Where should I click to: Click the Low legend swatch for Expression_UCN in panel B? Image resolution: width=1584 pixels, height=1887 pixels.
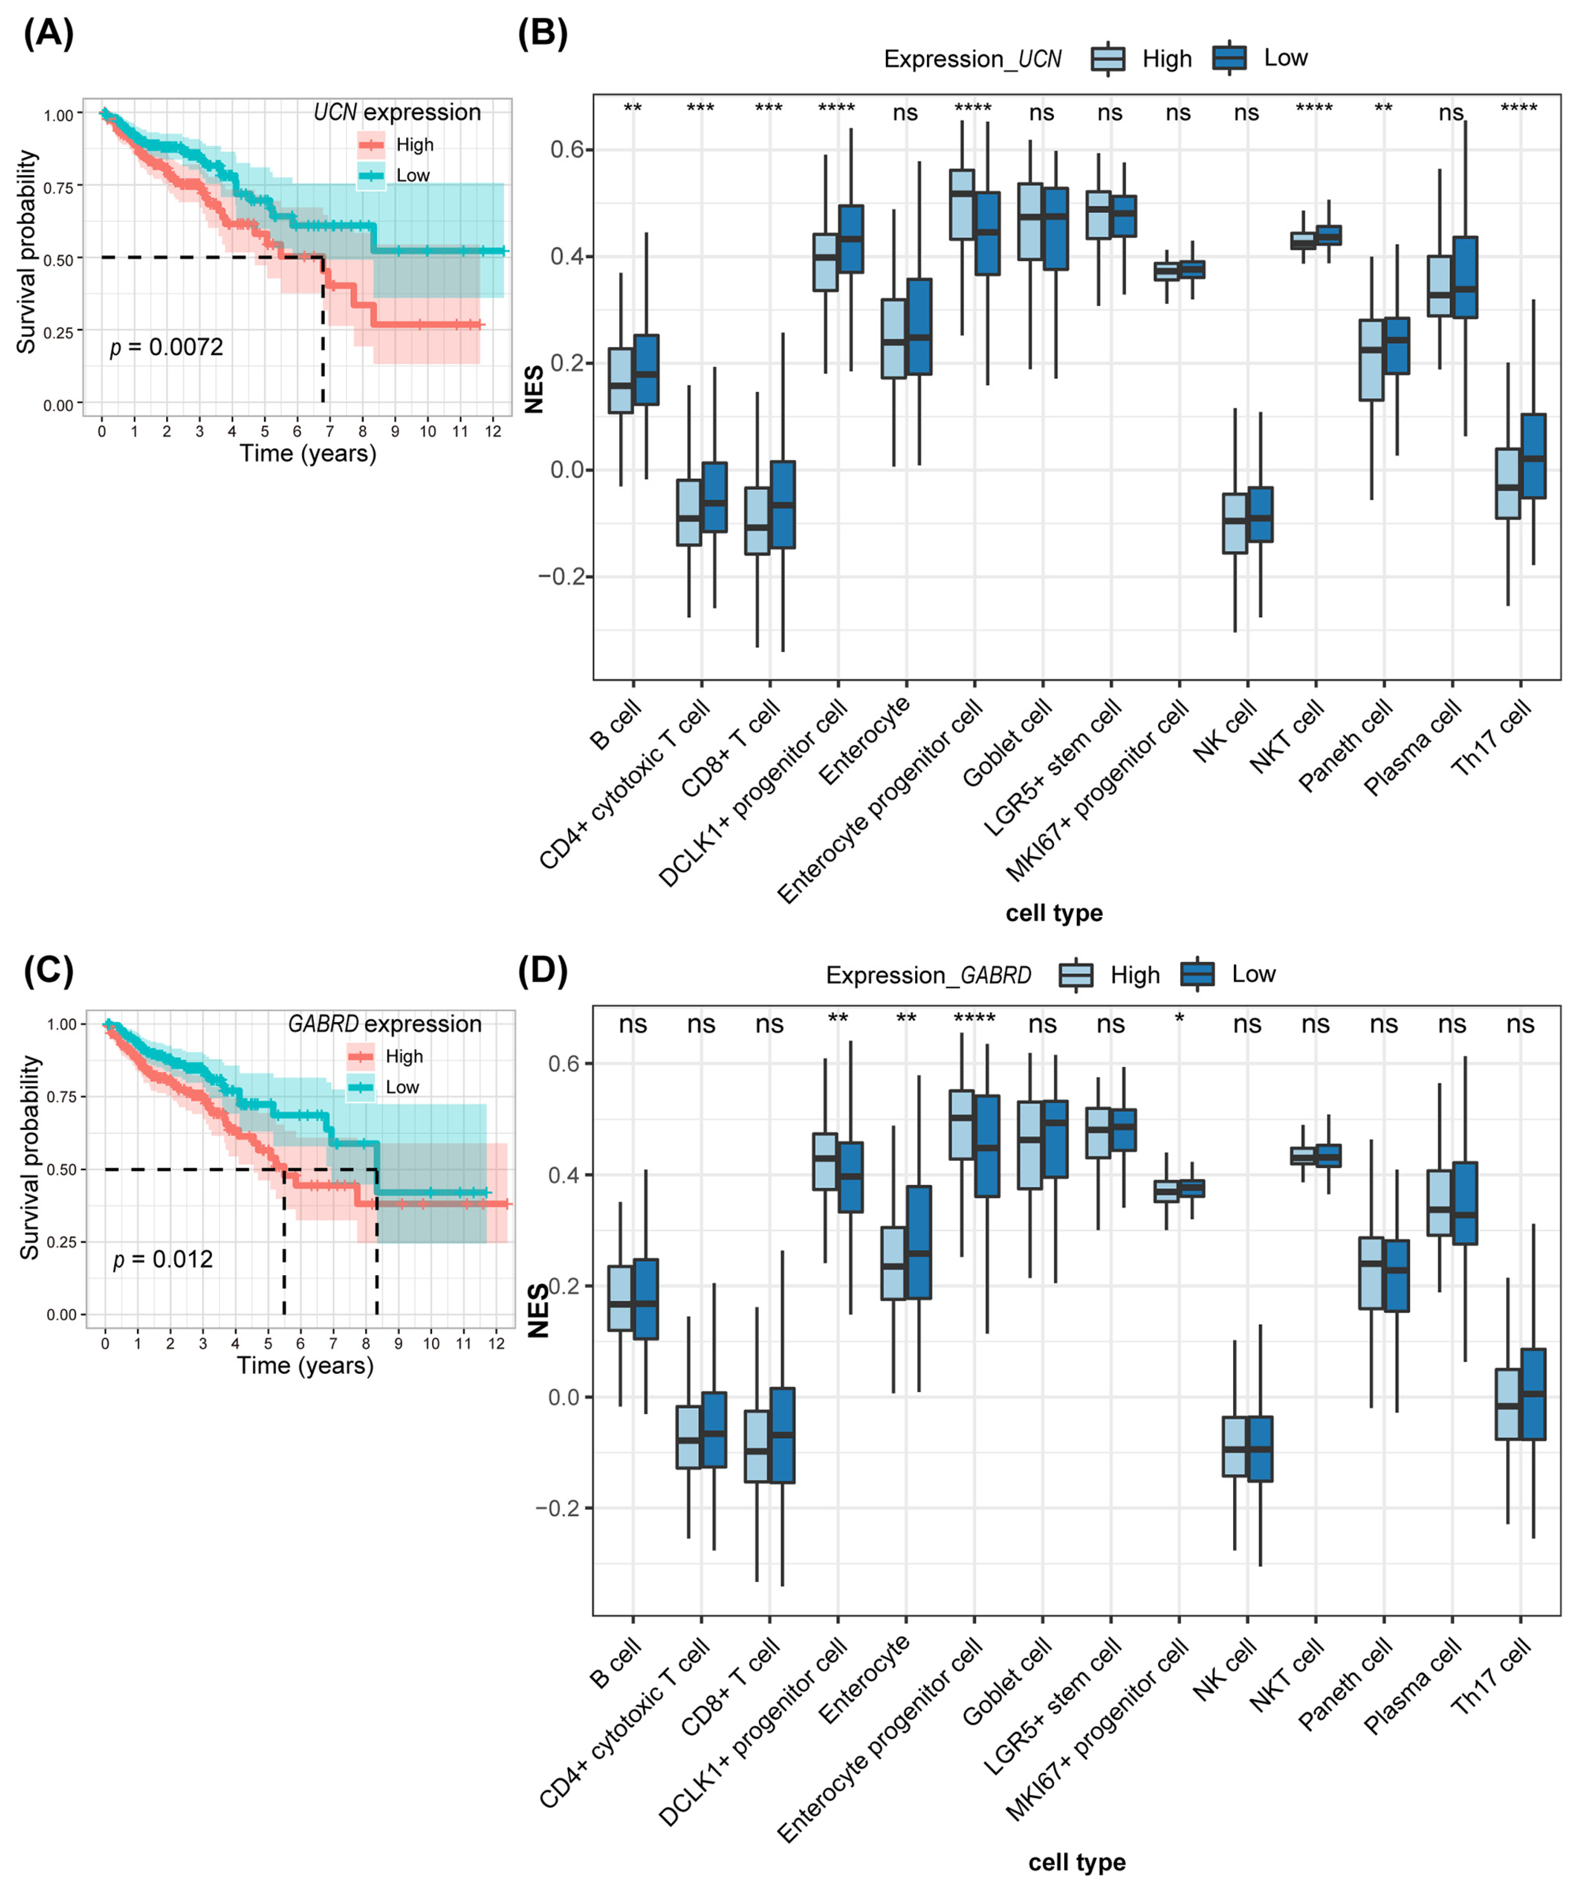point(1229,58)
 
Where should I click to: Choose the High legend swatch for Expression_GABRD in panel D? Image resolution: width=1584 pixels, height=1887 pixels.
point(1076,975)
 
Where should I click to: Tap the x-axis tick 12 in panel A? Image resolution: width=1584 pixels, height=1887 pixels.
point(493,431)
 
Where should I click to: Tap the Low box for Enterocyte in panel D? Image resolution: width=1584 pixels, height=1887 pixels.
point(919,1242)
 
